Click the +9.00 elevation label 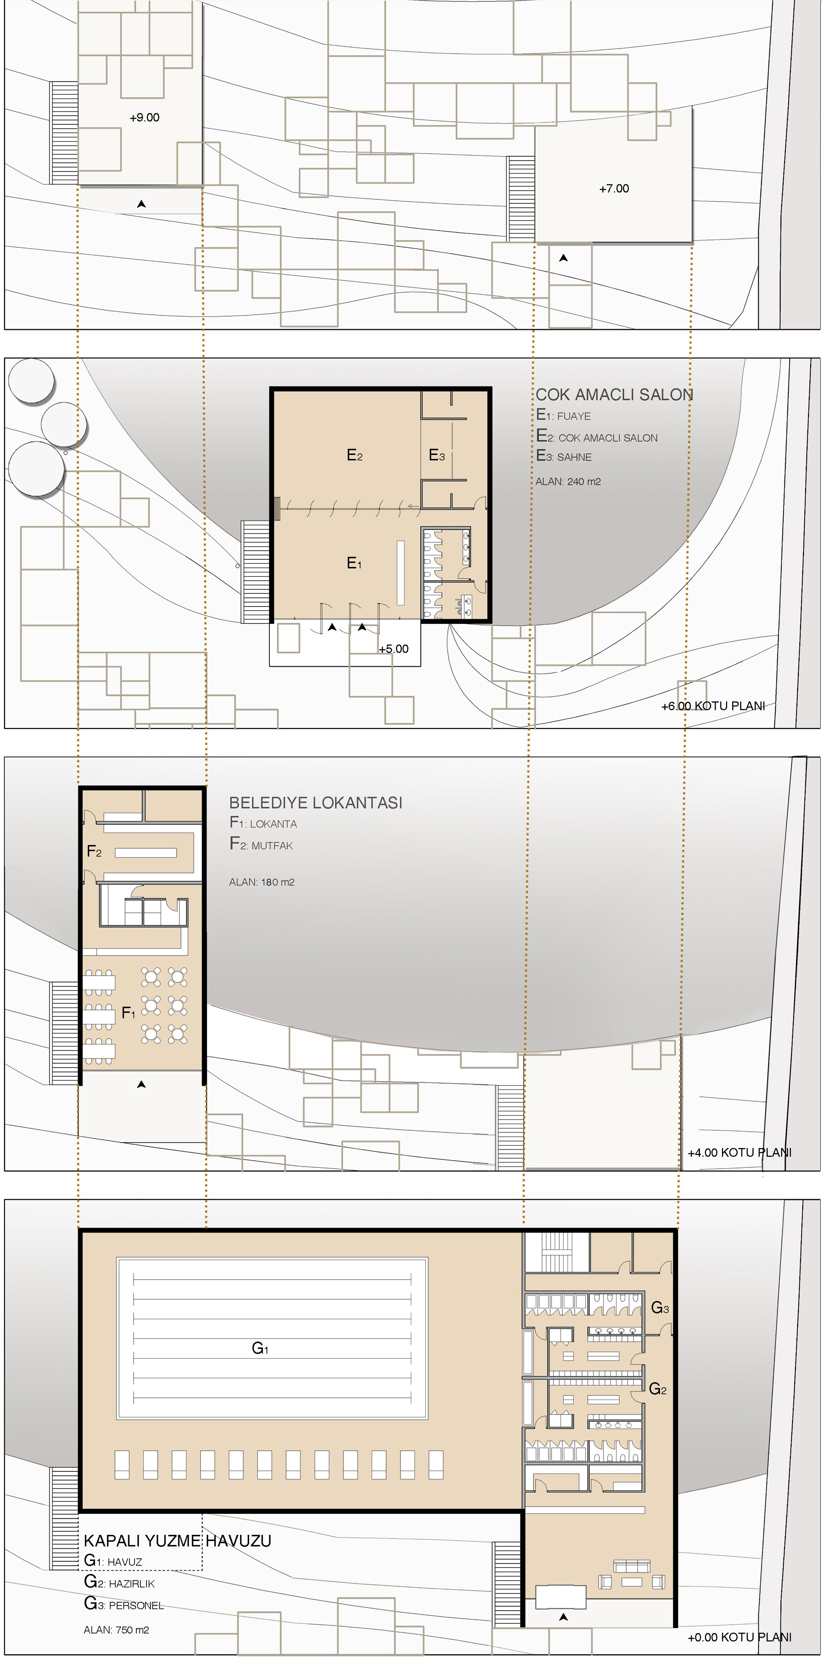pyautogui.click(x=144, y=118)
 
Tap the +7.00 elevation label pyautogui.click(x=614, y=188)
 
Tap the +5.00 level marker pyautogui.click(x=394, y=649)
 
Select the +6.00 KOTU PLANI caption pyautogui.click(x=713, y=706)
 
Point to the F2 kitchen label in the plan pyautogui.click(x=94, y=851)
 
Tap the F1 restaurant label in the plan pyautogui.click(x=128, y=1013)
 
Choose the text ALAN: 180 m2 pyautogui.click(x=261, y=882)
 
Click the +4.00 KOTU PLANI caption pyautogui.click(x=739, y=1152)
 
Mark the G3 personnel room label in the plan pyautogui.click(x=660, y=1307)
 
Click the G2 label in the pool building pyautogui.click(x=658, y=1389)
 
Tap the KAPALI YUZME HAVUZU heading pyautogui.click(x=177, y=1541)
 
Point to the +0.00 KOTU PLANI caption pyautogui.click(x=739, y=1637)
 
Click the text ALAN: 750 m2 pyautogui.click(x=116, y=1629)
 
